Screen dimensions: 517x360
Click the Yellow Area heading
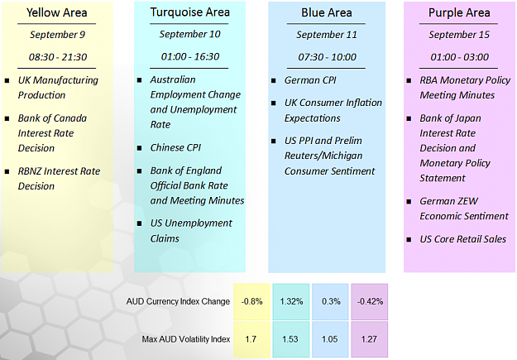[57, 12]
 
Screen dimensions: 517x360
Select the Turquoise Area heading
[190, 12]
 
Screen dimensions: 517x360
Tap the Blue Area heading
[327, 12]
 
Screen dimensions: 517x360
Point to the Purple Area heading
[459, 13]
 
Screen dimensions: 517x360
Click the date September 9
[57, 34]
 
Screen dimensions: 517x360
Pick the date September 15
[459, 34]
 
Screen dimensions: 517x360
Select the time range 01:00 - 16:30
[190, 56]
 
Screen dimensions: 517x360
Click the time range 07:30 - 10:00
[327, 57]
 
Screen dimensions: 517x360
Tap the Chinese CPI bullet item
[175, 147]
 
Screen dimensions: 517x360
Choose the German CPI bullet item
[310, 80]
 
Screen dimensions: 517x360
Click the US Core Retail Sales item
[462, 239]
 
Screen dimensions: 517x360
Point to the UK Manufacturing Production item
[58, 88]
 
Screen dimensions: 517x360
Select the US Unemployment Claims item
[191, 231]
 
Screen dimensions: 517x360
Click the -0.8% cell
[252, 301]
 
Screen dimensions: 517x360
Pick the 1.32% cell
[291, 301]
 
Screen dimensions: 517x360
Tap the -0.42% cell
[370, 301]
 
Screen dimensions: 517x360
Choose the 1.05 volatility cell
[330, 339]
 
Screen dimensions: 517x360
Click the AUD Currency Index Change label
[178, 301]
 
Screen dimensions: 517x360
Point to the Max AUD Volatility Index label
[186, 339]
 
